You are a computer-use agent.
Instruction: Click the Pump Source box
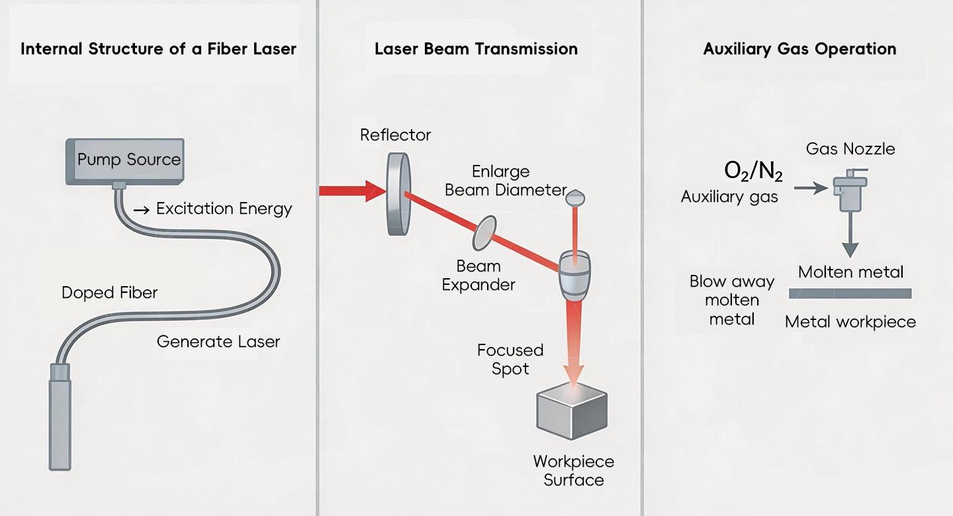pos(125,160)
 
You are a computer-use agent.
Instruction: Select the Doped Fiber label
pos(110,293)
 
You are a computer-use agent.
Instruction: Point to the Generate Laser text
pos(218,342)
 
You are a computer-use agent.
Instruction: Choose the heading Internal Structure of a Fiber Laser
pos(159,48)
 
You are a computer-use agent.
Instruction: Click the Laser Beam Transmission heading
pos(476,48)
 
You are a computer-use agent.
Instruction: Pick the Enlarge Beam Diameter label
pos(506,181)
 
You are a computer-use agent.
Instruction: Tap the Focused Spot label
pos(510,359)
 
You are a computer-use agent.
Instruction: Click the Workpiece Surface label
pos(573,470)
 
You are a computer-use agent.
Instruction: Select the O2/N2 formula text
pos(753,172)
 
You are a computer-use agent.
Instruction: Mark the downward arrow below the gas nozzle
pos(850,238)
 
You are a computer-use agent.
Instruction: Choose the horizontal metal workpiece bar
pos(850,293)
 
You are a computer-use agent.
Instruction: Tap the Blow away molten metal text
pos(731,300)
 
